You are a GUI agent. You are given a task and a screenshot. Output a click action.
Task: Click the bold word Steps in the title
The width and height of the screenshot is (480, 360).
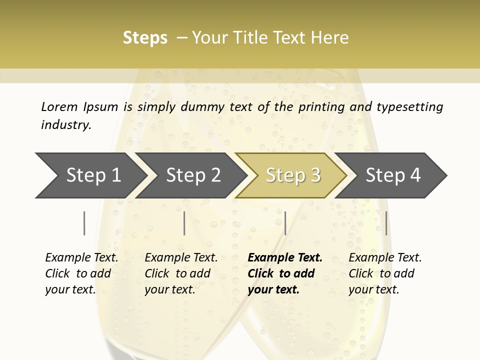tap(145, 38)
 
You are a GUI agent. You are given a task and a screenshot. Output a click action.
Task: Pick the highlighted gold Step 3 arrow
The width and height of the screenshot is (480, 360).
tap(293, 175)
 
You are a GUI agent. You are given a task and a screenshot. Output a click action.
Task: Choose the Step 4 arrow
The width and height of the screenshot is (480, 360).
tap(393, 175)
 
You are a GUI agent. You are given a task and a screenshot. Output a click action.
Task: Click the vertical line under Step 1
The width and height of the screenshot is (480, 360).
tap(84, 223)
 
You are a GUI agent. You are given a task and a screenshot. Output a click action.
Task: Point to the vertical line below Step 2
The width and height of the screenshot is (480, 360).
tap(184, 223)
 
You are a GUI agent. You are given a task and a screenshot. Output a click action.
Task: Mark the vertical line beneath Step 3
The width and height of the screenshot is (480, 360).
tap(285, 223)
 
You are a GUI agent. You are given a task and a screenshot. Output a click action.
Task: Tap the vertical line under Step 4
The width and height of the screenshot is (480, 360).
tap(386, 223)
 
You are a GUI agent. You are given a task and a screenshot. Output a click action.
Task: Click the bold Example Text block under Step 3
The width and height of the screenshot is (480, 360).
tap(284, 273)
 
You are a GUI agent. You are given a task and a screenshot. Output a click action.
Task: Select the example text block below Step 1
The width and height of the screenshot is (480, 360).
tap(81, 273)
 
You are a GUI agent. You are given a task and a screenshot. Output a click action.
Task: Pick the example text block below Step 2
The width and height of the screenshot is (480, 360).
tap(181, 273)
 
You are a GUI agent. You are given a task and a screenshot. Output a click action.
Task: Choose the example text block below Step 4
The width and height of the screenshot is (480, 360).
tap(385, 273)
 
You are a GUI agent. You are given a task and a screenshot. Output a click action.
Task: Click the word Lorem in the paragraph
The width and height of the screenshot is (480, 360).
tap(59, 106)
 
